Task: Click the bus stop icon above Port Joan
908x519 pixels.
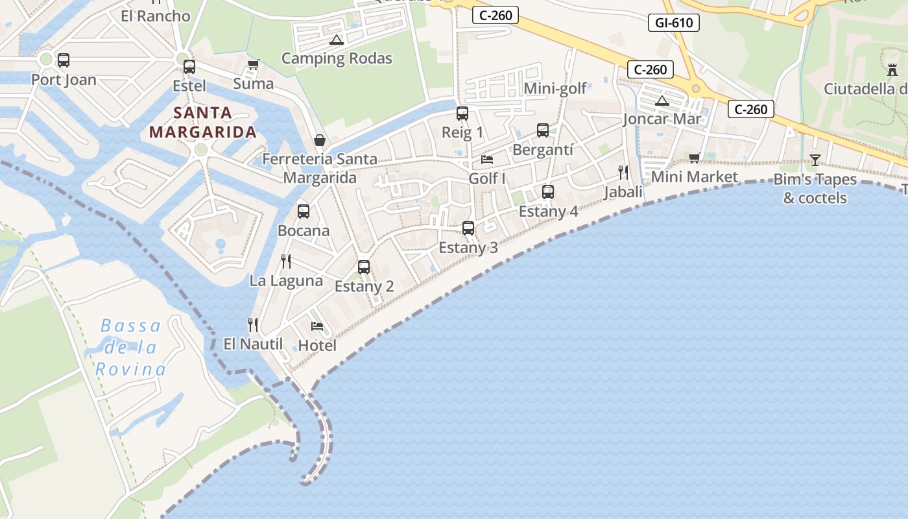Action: click(63, 60)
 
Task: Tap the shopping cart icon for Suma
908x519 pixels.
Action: click(253, 64)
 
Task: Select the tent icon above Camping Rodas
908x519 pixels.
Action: click(336, 40)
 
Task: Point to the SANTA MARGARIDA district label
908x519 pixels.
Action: click(203, 123)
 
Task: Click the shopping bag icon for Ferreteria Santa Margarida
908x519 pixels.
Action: click(320, 139)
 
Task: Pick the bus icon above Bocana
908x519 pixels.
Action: click(303, 211)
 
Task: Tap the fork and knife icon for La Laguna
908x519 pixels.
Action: click(285, 261)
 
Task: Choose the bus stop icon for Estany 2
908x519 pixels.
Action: click(364, 267)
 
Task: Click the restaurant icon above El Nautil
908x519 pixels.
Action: click(253, 324)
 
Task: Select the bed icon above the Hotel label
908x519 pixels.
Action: click(317, 326)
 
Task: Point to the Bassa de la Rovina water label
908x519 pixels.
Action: click(130, 348)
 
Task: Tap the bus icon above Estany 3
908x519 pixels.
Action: click(468, 228)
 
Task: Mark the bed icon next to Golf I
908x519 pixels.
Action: click(487, 159)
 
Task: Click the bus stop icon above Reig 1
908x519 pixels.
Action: click(462, 114)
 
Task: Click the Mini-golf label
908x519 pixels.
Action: click(555, 88)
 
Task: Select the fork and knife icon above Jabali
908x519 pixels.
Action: click(623, 172)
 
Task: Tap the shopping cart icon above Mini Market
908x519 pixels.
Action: click(695, 158)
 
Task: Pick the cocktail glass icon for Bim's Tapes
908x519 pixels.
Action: click(815, 160)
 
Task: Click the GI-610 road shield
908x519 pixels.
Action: click(675, 23)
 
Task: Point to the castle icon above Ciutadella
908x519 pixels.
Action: click(892, 69)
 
